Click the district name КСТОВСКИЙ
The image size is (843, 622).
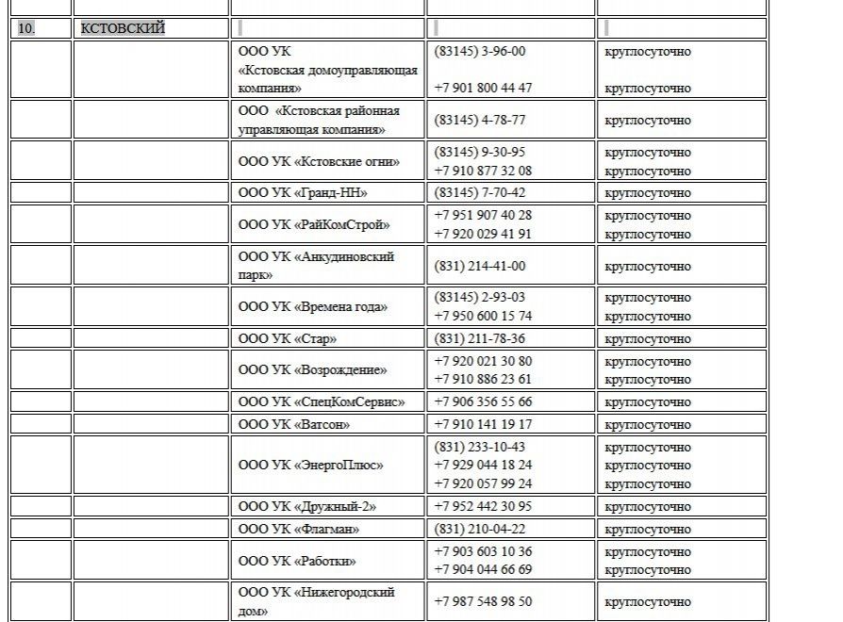[123, 28]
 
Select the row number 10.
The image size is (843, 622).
[26, 28]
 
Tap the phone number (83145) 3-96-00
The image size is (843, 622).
[480, 52]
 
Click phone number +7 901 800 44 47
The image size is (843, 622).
[483, 88]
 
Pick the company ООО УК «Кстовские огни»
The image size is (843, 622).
[319, 161]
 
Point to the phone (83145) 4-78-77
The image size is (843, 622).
[480, 120]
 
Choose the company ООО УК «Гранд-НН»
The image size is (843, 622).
[303, 193]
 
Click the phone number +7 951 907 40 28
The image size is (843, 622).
[483, 215]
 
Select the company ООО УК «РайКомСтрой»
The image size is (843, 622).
[314, 224]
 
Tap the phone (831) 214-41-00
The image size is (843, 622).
[480, 266]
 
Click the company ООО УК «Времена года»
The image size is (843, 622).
[313, 306]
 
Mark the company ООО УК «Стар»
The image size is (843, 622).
[288, 338]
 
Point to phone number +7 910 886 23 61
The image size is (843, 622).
[483, 379]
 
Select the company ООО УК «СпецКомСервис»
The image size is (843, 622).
[322, 401]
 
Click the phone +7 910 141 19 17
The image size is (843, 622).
[483, 424]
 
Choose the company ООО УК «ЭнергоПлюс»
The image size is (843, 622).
[311, 465]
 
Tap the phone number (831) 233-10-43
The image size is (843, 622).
[480, 447]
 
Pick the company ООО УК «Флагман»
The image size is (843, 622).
[299, 529]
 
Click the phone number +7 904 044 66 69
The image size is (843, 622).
[483, 569]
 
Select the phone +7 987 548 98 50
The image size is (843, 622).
[483, 601]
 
